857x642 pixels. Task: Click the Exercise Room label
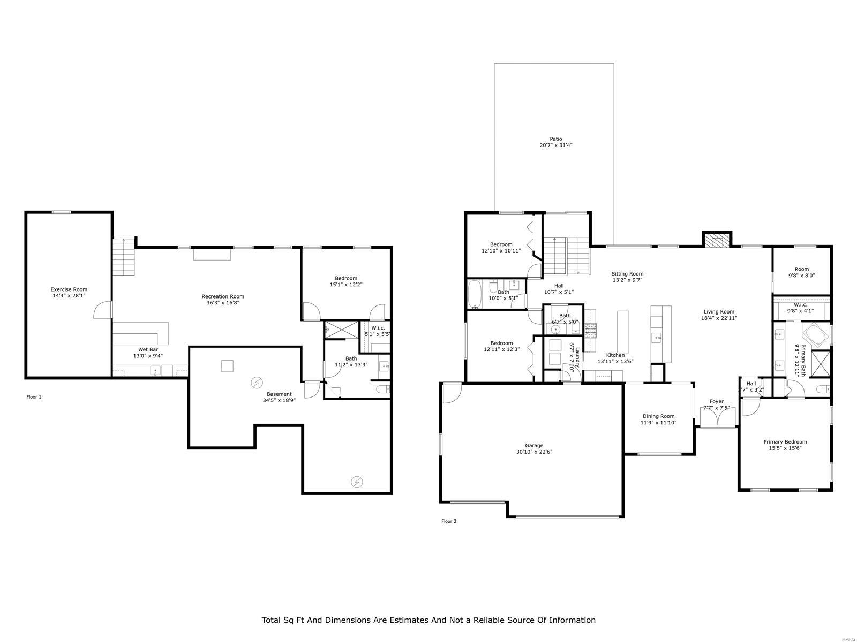(69, 289)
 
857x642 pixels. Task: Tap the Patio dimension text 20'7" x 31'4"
(556, 146)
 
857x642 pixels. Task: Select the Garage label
(534, 445)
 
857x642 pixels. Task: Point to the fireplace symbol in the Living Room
(717, 241)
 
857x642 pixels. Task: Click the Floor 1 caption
(34, 397)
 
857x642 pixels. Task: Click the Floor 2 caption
(449, 521)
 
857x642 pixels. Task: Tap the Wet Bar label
(148, 349)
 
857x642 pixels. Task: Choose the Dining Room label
(658, 416)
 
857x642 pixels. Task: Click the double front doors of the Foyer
(717, 418)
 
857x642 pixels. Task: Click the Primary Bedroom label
(785, 442)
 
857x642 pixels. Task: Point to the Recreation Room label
(223, 296)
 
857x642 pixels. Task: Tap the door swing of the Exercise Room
(103, 310)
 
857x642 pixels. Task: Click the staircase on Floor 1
(125, 257)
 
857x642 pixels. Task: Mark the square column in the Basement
(228, 366)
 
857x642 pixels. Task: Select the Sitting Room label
(627, 274)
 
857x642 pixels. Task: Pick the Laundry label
(577, 351)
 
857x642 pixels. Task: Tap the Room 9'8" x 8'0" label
(801, 269)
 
